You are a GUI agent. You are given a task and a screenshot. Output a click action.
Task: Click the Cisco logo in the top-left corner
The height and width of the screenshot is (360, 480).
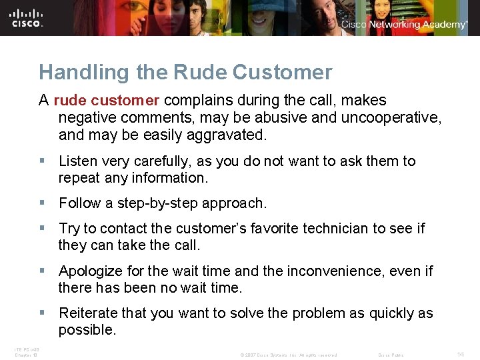[27, 18]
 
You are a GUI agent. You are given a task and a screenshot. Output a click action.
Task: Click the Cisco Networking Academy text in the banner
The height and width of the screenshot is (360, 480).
[404, 25]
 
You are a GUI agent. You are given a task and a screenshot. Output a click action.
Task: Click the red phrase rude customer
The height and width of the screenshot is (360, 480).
[106, 100]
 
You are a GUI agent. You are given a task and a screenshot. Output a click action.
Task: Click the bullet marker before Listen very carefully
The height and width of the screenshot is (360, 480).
[43, 161]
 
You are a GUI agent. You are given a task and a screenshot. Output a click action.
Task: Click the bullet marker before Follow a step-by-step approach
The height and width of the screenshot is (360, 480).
[43, 203]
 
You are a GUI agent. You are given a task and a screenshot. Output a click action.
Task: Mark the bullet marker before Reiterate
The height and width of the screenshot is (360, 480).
[43, 313]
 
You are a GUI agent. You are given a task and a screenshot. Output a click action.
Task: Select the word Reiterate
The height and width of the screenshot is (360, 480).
[89, 313]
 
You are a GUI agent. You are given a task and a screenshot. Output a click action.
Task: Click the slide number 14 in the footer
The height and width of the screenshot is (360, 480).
[460, 354]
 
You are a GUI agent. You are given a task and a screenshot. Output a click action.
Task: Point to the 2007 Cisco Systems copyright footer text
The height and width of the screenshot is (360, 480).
[288, 355]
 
